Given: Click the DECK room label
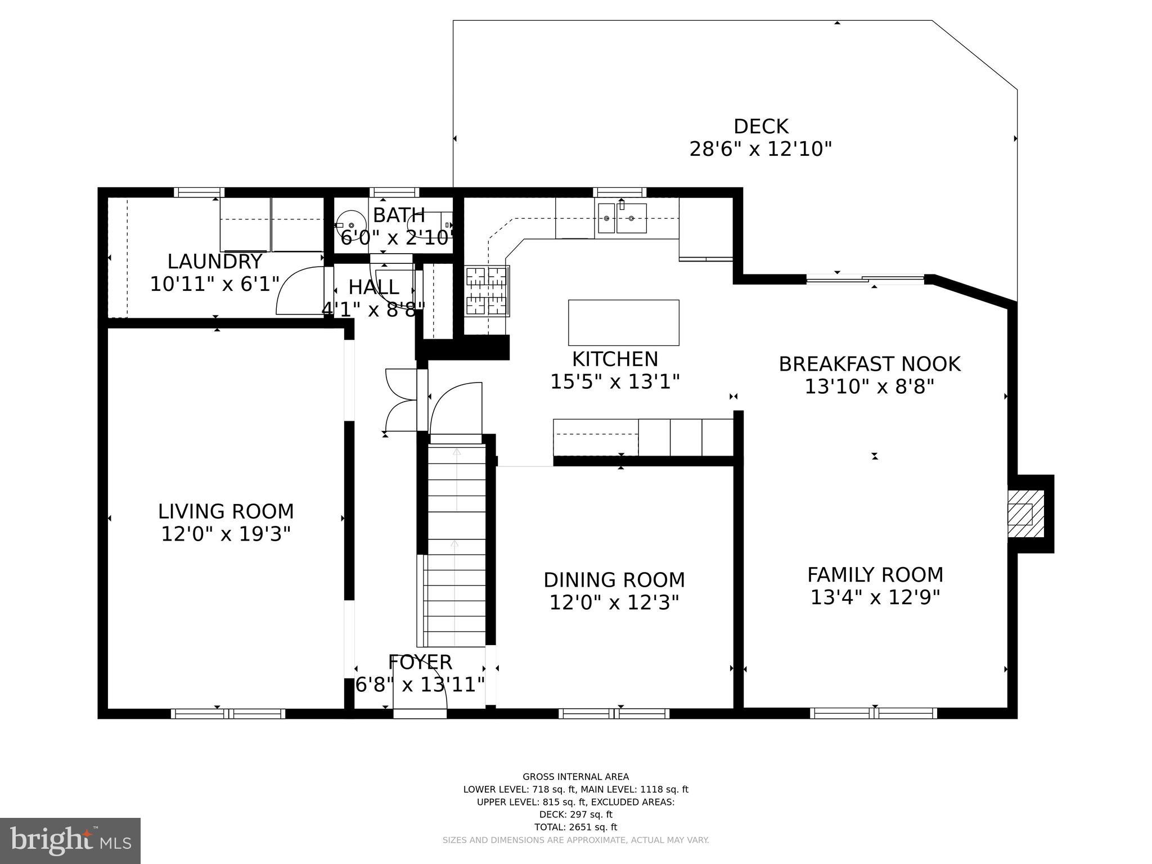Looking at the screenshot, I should click(x=760, y=127).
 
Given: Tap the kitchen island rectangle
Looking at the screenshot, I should click(x=623, y=322).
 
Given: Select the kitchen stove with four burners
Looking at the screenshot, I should click(x=487, y=291).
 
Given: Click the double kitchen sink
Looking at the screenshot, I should click(x=622, y=218).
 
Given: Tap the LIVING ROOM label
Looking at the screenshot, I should click(x=226, y=511).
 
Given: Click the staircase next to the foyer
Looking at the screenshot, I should click(x=456, y=546).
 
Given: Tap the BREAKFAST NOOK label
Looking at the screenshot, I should click(x=869, y=364).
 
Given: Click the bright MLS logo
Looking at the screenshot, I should click(x=70, y=840).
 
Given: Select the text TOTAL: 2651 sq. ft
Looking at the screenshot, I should click(x=575, y=827).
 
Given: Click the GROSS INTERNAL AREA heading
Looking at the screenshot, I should click(x=575, y=777).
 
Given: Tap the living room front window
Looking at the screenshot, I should click(x=228, y=714).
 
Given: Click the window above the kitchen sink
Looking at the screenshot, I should click(x=619, y=192).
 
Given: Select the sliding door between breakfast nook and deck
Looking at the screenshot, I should click(x=865, y=278).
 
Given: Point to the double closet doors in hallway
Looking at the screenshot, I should click(x=400, y=400).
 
